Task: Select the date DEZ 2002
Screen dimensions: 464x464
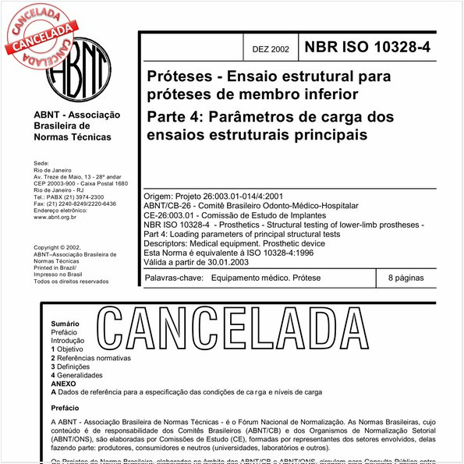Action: (271, 49)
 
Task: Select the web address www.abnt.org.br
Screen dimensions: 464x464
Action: (59, 218)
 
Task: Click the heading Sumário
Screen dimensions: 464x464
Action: (66, 323)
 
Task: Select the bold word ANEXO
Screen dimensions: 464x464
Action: (63, 384)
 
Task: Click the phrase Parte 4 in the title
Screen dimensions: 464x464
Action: (174, 117)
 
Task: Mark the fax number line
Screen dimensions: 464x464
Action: (75, 204)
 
